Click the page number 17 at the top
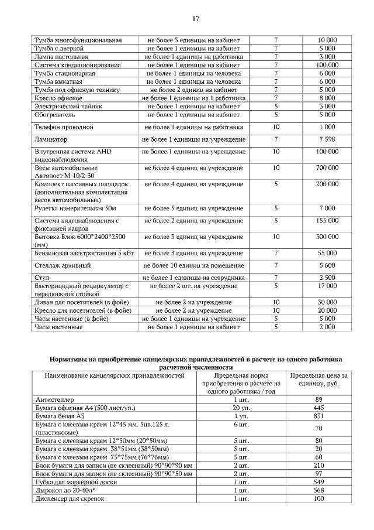pos(196,19)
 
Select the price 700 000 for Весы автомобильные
pos(327,168)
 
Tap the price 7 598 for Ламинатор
pos(327,140)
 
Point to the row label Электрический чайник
pos(69,107)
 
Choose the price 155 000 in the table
pos(327,221)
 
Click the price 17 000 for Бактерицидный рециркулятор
pos(327,286)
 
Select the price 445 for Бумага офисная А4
pos(318,407)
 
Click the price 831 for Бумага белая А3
pos(318,415)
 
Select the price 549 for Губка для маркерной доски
pos(318,482)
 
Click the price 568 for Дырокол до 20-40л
pos(318,490)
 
